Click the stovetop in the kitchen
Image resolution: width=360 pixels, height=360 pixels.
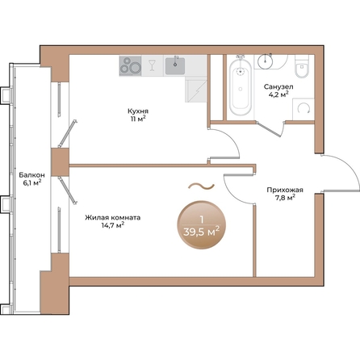point(130,65)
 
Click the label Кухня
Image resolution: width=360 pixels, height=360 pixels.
point(136,112)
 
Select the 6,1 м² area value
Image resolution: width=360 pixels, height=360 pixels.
point(32,182)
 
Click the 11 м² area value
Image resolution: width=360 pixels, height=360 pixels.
point(136,121)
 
